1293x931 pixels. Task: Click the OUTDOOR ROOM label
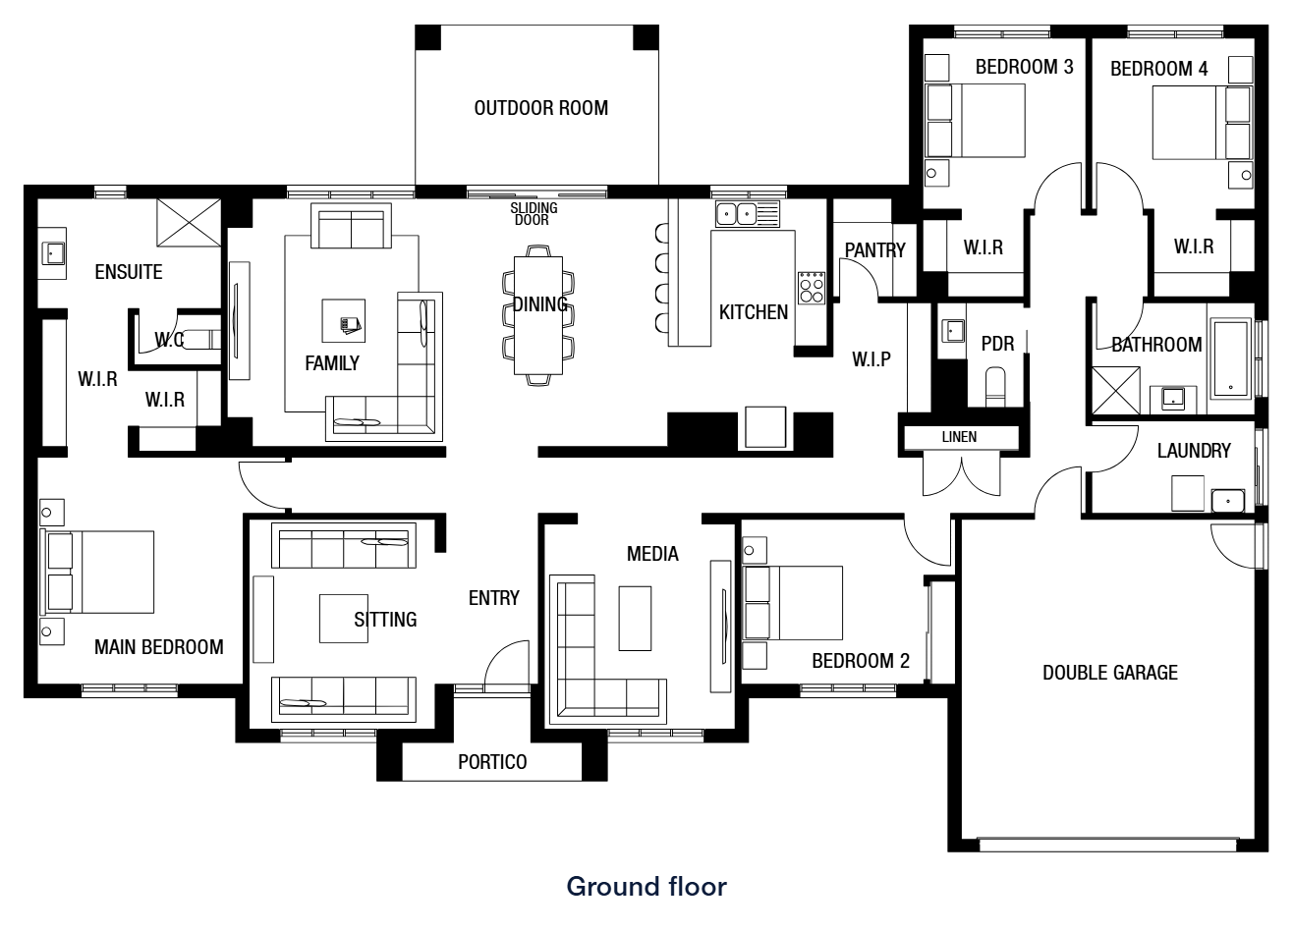(540, 108)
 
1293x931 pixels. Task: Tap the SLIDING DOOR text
(534, 213)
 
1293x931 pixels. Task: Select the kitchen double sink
(736, 214)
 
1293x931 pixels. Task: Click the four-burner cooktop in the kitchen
(812, 288)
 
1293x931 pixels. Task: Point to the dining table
(538, 315)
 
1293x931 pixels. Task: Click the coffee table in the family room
(344, 321)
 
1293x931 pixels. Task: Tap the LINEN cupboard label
(959, 437)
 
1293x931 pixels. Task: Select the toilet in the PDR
(995, 387)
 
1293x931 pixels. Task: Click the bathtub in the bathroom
(1231, 358)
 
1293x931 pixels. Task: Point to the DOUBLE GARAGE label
(1110, 673)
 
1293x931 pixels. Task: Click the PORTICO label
(492, 762)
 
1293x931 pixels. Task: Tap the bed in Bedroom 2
(792, 603)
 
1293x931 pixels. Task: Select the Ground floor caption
(646, 887)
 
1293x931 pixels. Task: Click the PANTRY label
(875, 250)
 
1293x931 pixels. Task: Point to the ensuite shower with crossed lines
(189, 223)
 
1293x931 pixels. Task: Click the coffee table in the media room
(635, 619)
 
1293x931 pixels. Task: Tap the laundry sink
(1228, 500)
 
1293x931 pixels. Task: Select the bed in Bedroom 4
(1203, 123)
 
